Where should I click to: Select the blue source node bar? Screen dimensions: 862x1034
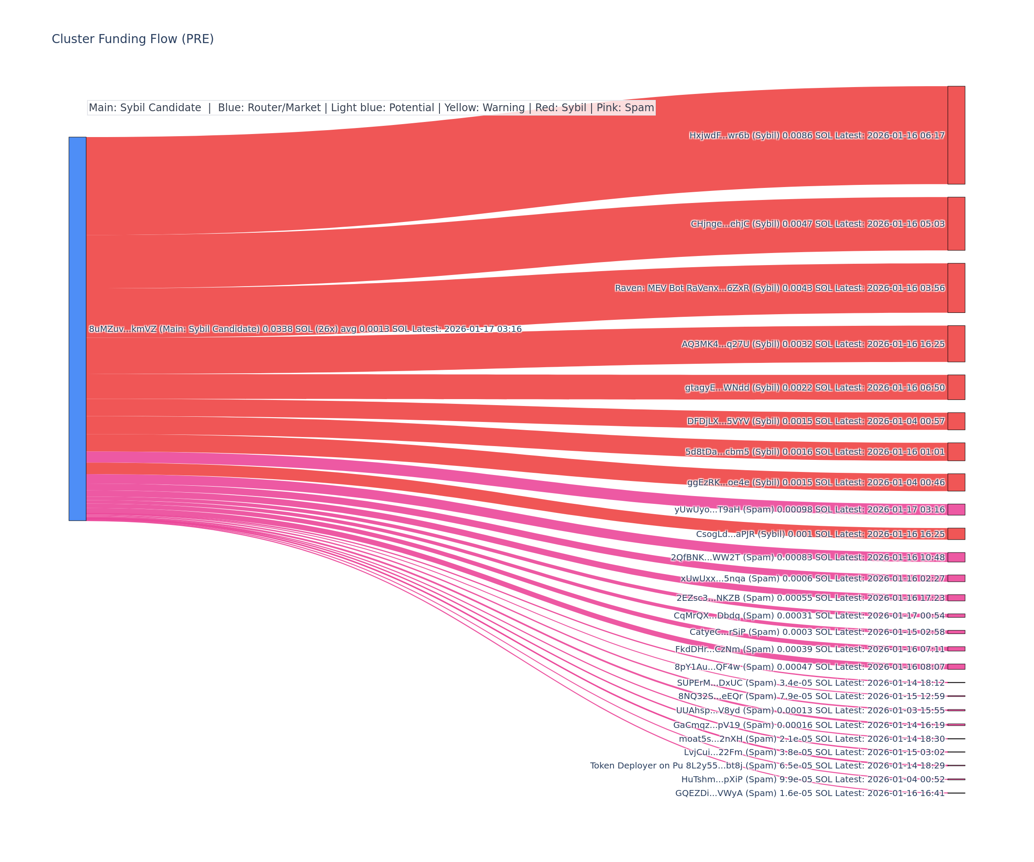(77, 328)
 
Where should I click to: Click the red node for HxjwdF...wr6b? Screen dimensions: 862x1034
(956, 135)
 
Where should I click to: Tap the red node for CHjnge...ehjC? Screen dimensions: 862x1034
(956, 224)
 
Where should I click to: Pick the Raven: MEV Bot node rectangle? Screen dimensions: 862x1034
(956, 287)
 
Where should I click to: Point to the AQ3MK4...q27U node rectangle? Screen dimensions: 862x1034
(956, 344)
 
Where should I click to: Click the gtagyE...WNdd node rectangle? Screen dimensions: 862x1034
(956, 387)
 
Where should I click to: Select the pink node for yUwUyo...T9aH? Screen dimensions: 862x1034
(956, 509)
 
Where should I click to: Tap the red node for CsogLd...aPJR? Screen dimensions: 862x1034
(956, 534)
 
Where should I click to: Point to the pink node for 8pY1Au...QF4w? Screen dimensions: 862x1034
(956, 666)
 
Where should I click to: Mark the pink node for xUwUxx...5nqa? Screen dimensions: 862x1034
(956, 578)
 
